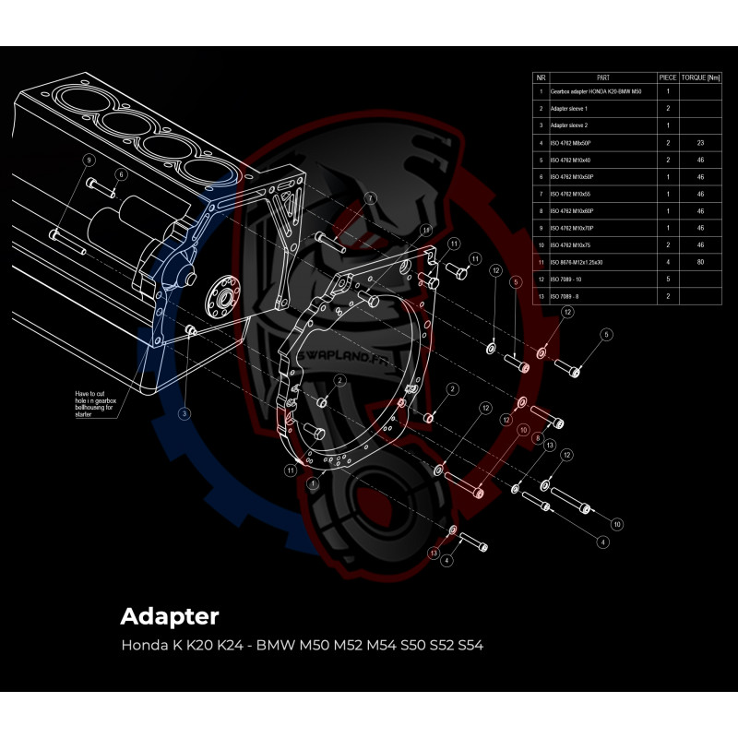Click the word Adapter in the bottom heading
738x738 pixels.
[170, 615]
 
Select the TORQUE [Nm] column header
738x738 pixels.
[699, 78]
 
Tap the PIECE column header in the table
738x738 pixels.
[667, 78]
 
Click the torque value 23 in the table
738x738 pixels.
[699, 143]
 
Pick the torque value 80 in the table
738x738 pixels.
[699, 262]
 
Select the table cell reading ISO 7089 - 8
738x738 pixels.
[567, 296]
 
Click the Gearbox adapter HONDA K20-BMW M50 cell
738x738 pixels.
[595, 92]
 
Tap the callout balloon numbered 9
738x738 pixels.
[89, 160]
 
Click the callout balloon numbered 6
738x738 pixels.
[120, 173]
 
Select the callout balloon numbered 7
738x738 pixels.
[370, 198]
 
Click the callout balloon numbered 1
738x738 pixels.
[314, 482]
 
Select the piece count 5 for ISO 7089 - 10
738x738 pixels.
[667, 279]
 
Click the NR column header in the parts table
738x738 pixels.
[541, 78]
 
